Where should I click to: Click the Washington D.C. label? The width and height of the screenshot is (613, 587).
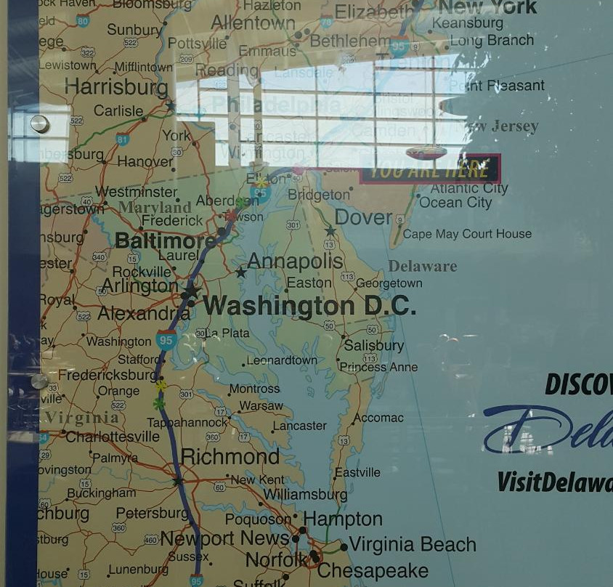point(310,306)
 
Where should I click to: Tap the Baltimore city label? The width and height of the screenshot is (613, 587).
point(165,240)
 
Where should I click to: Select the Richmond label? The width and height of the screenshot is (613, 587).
point(230,457)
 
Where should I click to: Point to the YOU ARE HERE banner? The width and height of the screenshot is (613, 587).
point(430,170)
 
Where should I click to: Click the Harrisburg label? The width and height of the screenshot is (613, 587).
point(116,87)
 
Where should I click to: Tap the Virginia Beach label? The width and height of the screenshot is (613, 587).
point(413,544)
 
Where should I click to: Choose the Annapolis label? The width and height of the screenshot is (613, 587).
point(295,261)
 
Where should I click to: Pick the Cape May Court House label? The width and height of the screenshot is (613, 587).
point(467,234)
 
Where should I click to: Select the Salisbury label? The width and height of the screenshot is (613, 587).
point(373,346)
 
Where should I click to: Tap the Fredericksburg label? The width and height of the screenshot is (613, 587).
point(107,376)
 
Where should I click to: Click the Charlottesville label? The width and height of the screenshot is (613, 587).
point(112,437)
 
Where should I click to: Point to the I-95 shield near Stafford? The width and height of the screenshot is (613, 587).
point(166,339)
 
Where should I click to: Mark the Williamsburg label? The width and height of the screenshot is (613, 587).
point(305,494)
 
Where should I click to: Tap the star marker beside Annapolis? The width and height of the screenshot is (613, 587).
point(240,272)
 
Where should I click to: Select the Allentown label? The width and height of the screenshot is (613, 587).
point(253,23)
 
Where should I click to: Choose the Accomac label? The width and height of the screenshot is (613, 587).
point(378,418)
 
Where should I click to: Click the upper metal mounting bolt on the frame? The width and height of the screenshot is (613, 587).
point(40,124)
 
